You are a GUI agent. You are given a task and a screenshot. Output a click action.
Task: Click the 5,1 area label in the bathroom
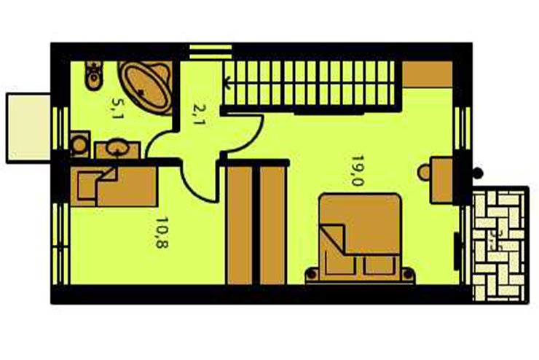coord(116,109)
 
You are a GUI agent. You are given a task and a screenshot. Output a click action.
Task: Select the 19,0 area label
coord(356,171)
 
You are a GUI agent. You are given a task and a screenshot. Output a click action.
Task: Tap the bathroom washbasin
coord(116,148)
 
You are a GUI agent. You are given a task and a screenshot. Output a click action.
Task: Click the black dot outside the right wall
coord(477,173)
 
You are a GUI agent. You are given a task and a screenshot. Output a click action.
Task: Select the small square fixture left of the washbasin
coord(79,144)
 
